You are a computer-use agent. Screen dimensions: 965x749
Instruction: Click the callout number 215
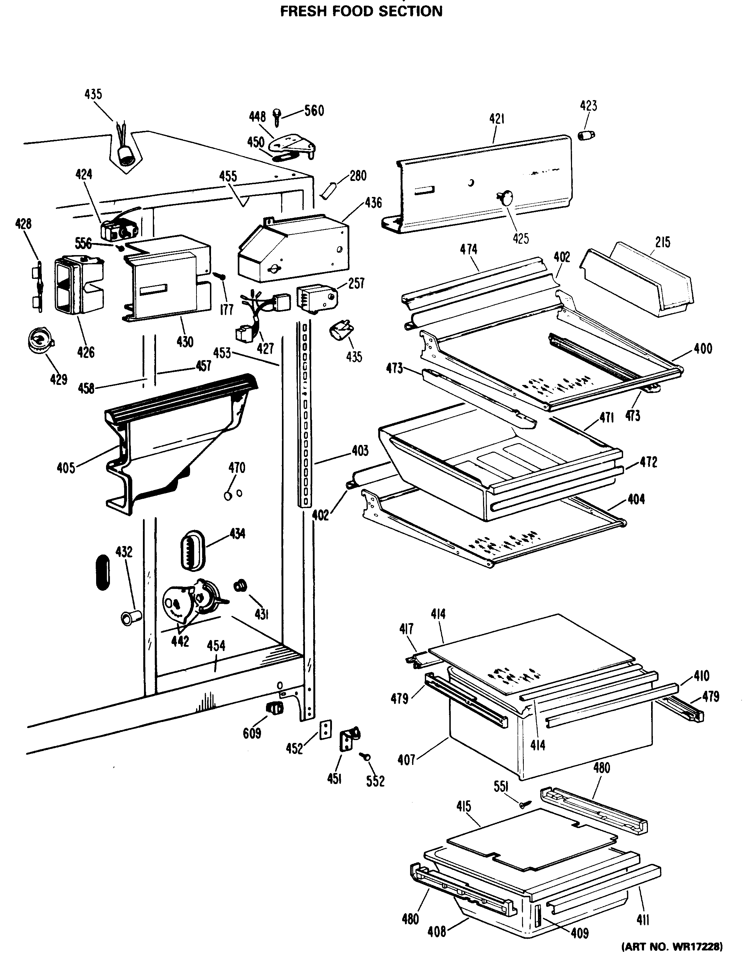click(x=662, y=242)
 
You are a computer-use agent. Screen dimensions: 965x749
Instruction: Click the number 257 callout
click(x=356, y=283)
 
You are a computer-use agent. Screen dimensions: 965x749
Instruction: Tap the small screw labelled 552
click(x=365, y=757)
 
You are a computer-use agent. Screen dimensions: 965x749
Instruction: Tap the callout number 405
click(x=66, y=468)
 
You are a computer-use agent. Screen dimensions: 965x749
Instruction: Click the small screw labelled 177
click(x=220, y=276)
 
